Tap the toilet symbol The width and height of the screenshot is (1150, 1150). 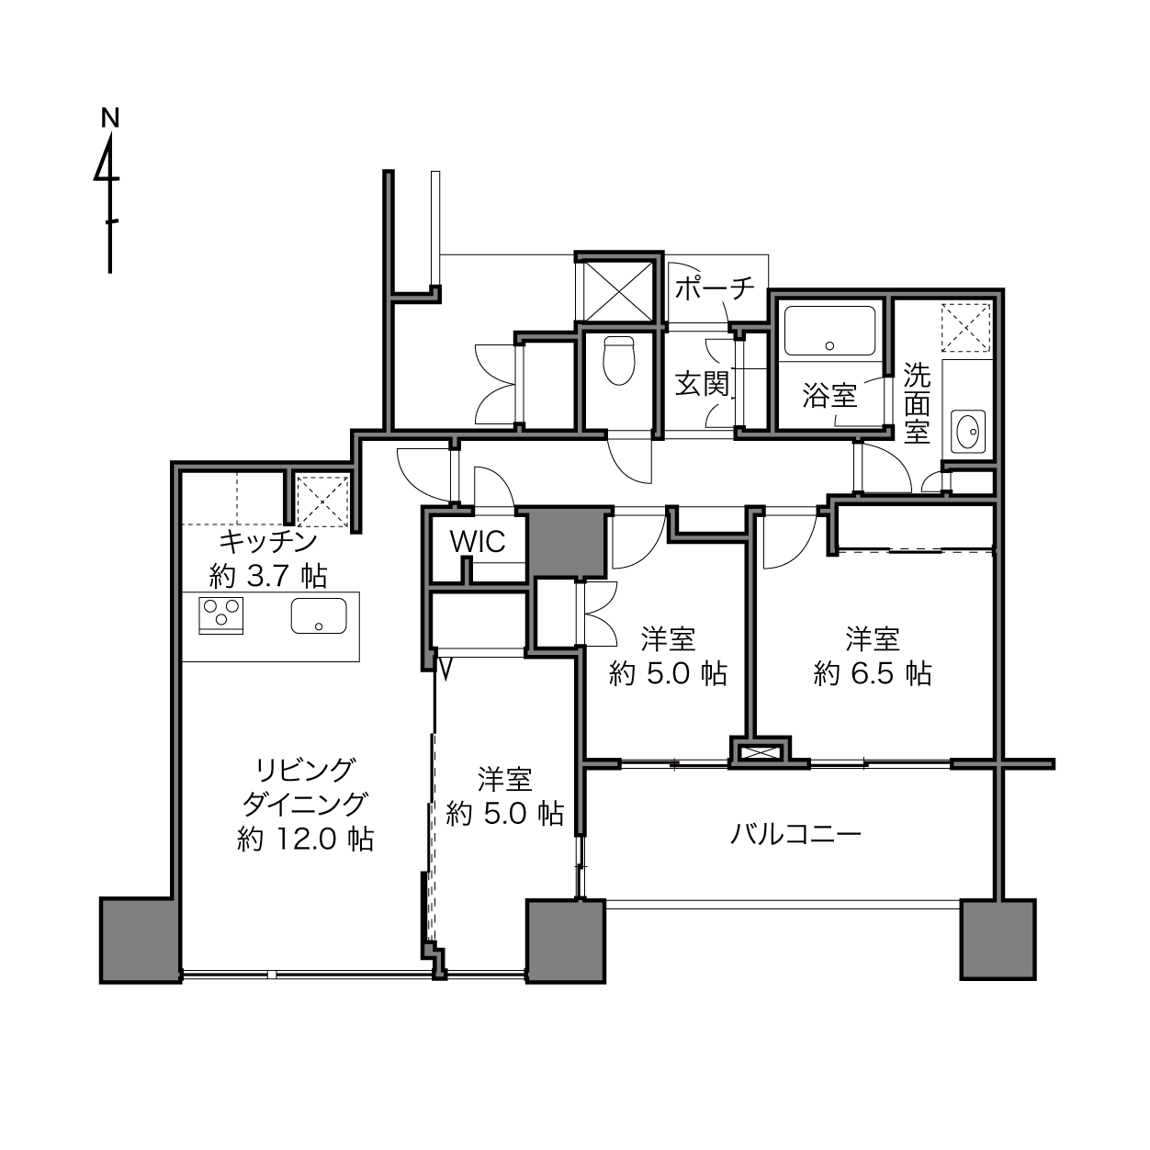[618, 360]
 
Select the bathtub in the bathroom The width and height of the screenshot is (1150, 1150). [829, 331]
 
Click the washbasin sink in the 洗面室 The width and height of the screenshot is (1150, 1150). [968, 430]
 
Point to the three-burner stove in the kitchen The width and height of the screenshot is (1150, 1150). [220, 614]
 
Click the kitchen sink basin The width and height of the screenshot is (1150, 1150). [319, 615]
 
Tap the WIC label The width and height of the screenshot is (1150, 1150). [478, 541]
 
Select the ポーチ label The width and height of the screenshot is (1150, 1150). [715, 288]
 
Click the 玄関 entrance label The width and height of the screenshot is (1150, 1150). [703, 384]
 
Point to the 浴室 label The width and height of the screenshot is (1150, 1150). [829, 395]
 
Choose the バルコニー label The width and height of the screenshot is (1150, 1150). [796, 834]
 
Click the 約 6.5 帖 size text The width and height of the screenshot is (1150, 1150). [872, 674]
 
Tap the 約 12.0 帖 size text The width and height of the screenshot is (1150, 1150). [305, 839]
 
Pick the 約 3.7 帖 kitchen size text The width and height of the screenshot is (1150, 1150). [268, 577]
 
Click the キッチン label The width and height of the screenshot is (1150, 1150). [268, 542]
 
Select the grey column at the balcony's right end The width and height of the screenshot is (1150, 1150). [998, 940]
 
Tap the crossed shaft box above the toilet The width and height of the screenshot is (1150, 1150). [617, 292]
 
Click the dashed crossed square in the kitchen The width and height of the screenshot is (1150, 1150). [322, 502]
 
